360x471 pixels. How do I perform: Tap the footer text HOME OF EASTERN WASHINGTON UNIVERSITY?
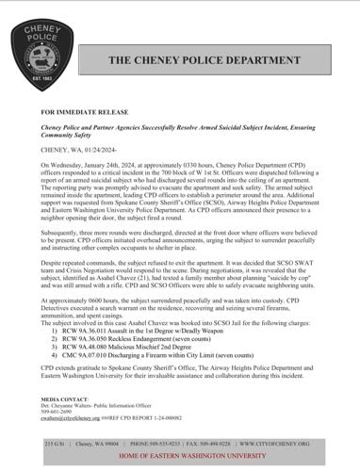181,456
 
